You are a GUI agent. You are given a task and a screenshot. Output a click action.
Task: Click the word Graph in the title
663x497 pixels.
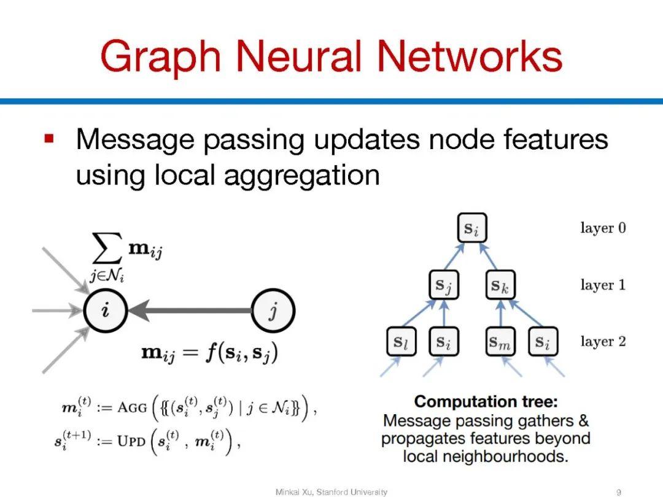click(161, 56)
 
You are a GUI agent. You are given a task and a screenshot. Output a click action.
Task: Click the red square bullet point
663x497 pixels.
click(50, 138)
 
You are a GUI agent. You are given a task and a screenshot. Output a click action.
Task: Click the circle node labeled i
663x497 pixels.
click(106, 311)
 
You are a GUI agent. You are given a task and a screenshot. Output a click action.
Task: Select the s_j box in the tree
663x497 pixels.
click(444, 286)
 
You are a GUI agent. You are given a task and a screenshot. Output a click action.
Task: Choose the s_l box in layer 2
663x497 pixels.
click(401, 342)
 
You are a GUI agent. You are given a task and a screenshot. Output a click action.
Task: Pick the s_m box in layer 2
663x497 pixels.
click(500, 342)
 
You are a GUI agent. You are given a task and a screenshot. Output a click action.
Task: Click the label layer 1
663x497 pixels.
click(603, 285)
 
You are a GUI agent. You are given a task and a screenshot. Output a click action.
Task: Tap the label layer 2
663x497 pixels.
click(603, 341)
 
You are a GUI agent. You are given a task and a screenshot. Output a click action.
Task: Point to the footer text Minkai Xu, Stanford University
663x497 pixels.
click(331, 491)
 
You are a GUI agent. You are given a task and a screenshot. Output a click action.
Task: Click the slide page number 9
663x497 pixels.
click(619, 491)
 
